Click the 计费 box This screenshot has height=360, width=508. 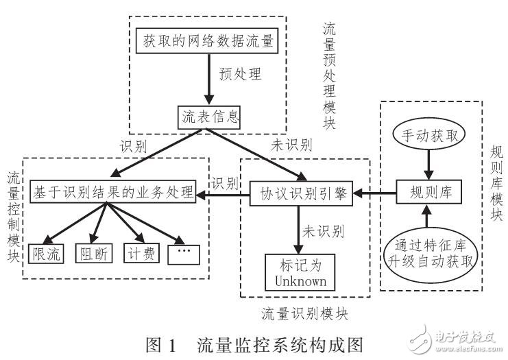coord(140,253)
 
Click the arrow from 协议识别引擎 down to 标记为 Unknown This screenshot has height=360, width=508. coord(296,230)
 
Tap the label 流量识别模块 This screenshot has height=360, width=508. coord(305,313)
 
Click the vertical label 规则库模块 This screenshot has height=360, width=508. coord(496,182)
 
